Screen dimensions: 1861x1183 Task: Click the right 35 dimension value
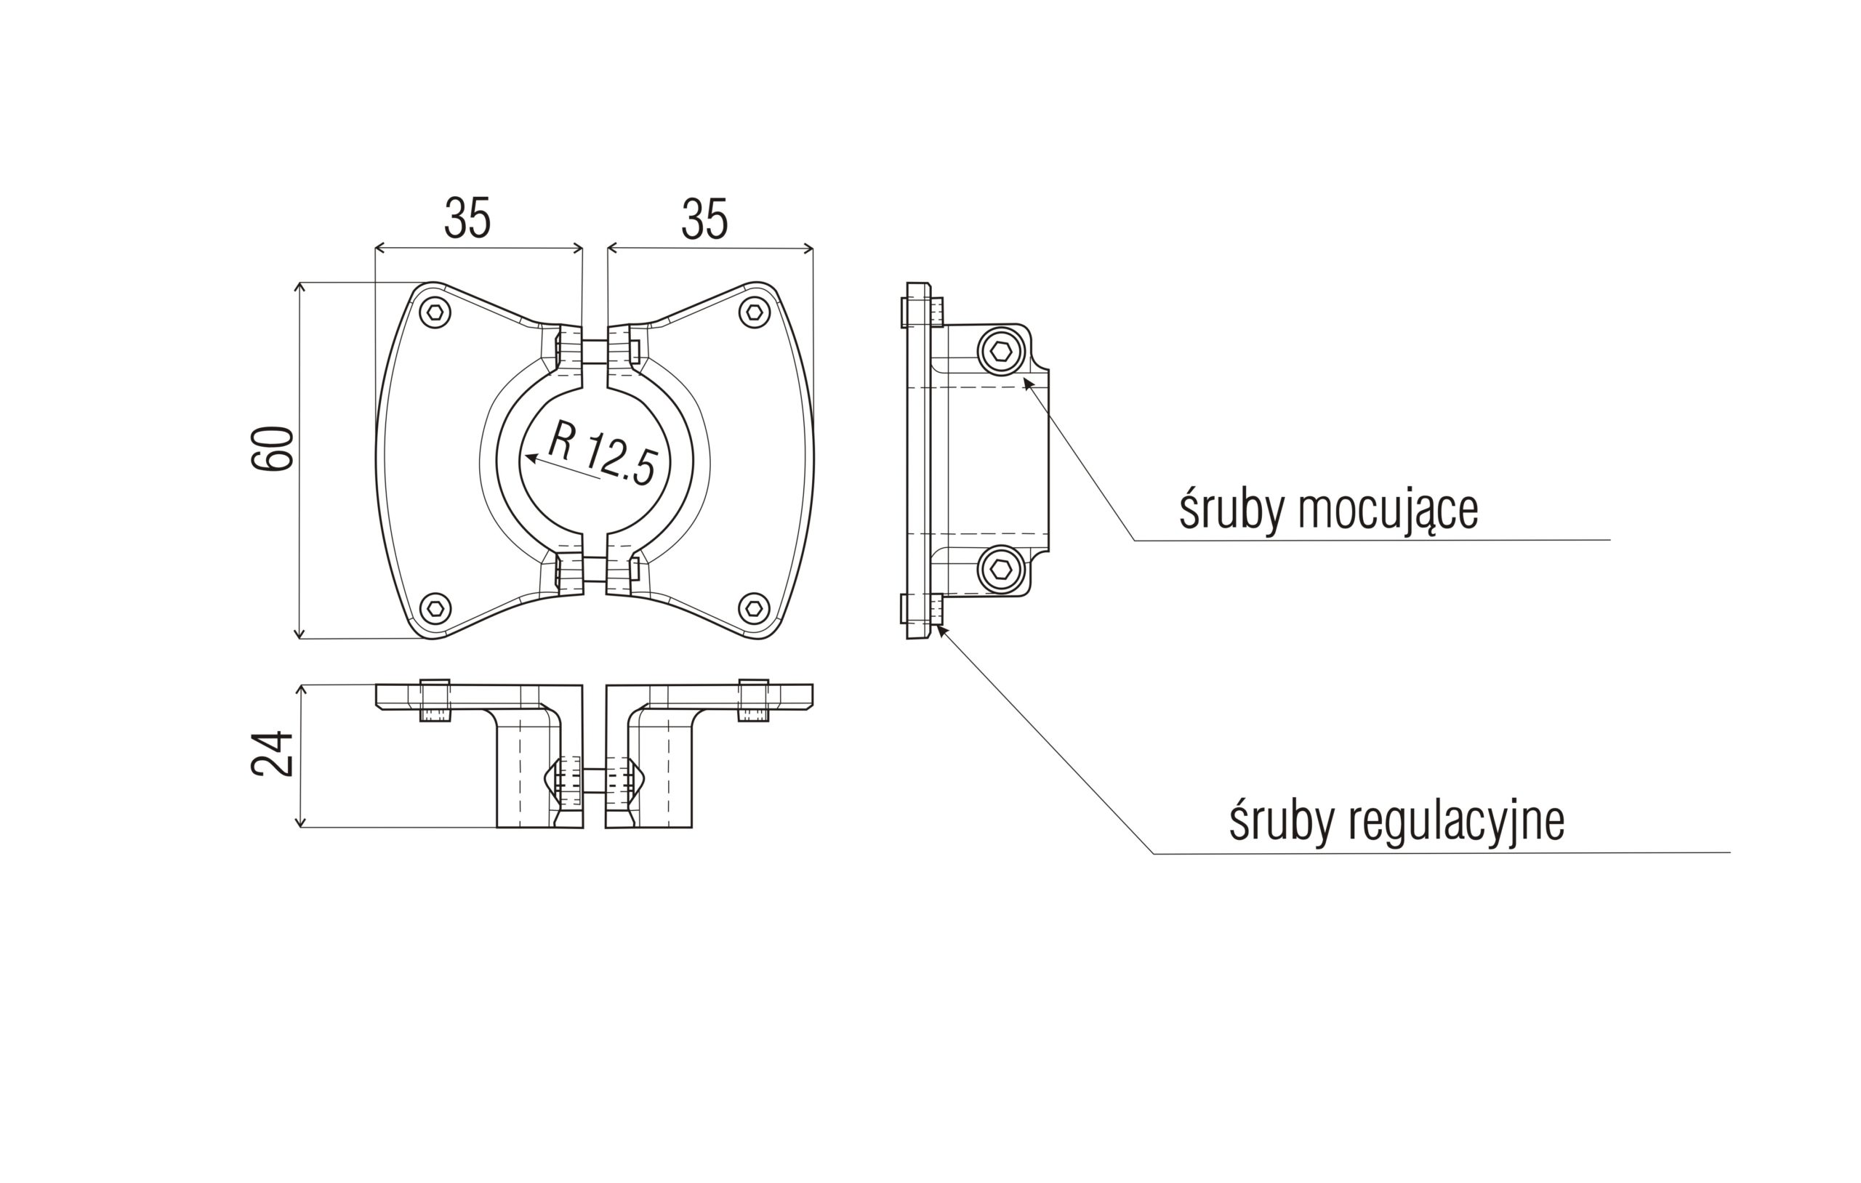click(x=704, y=219)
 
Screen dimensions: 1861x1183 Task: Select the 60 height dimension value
click(x=273, y=448)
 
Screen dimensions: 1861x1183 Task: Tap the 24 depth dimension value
click(x=273, y=753)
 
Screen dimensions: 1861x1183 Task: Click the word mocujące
click(x=1388, y=511)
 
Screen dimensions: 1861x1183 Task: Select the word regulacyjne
click(x=1457, y=821)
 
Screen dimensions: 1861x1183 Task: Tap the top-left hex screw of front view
click(x=435, y=313)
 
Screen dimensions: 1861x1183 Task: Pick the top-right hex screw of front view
click(x=755, y=313)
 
